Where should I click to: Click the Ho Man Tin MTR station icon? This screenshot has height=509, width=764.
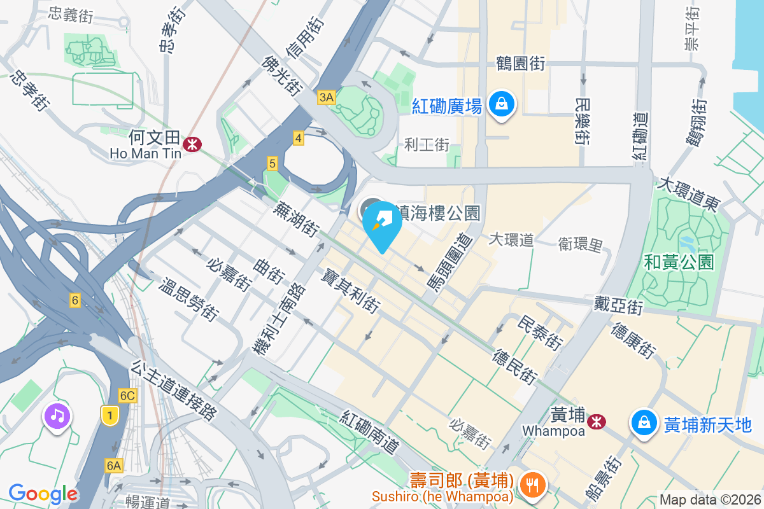click(x=192, y=144)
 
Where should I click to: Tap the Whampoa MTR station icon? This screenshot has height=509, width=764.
click(x=597, y=421)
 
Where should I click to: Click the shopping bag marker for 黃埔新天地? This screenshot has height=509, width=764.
click(x=644, y=423)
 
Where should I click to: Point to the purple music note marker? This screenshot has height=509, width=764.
click(x=57, y=417)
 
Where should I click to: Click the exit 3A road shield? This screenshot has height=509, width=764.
click(x=326, y=97)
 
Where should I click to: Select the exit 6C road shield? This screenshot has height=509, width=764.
click(x=127, y=396)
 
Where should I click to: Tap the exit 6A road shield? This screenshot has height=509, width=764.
click(x=114, y=466)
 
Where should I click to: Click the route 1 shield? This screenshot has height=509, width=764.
click(x=111, y=415)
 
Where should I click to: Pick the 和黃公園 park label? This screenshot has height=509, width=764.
click(x=679, y=261)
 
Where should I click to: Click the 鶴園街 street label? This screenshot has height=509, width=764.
click(x=520, y=64)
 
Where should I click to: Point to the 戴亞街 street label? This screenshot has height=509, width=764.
click(x=618, y=304)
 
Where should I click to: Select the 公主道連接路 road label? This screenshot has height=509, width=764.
click(x=173, y=391)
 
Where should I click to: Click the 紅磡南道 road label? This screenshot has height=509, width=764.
click(x=370, y=433)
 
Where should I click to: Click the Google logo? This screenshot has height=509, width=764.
click(x=43, y=494)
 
